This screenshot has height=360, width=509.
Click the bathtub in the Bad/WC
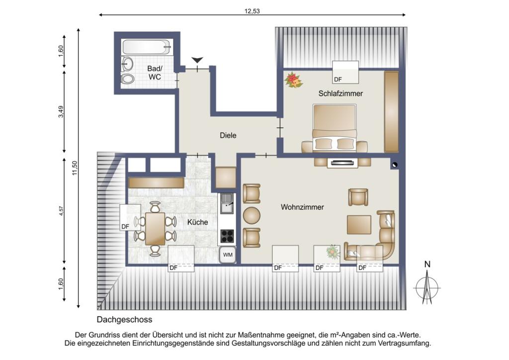(147, 47)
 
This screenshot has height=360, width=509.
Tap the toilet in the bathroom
(128, 78)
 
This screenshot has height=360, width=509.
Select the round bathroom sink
(127, 64)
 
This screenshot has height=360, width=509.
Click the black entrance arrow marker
(197, 60)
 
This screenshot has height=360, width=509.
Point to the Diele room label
(228, 135)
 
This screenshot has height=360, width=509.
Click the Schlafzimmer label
(340, 93)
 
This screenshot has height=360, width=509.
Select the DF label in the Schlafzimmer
(338, 79)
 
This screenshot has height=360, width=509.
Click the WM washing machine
(228, 255)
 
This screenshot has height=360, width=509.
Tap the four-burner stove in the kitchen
(227, 236)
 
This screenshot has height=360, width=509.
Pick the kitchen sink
(227, 203)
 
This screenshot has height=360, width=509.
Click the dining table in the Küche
(155, 229)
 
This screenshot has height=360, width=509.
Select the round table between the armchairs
(252, 215)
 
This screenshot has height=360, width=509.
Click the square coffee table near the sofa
(359, 224)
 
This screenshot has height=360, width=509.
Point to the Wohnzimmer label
(302, 207)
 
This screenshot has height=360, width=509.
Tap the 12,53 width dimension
(252, 11)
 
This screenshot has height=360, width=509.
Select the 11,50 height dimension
(75, 168)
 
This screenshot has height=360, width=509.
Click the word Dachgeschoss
(124, 320)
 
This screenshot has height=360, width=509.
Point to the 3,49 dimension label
(61, 112)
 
